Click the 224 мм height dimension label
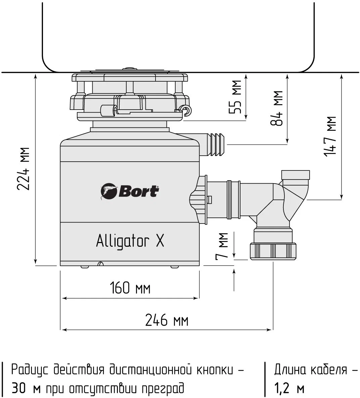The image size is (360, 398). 24,168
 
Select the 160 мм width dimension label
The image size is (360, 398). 130,288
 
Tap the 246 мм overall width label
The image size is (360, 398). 167,320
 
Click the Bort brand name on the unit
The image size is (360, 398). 138,192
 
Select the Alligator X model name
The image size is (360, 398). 130,241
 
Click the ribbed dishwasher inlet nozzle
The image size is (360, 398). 215,145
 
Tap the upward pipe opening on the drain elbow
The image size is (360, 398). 296,175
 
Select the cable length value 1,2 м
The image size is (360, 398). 289,389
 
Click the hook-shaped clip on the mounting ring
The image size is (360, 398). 186,110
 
